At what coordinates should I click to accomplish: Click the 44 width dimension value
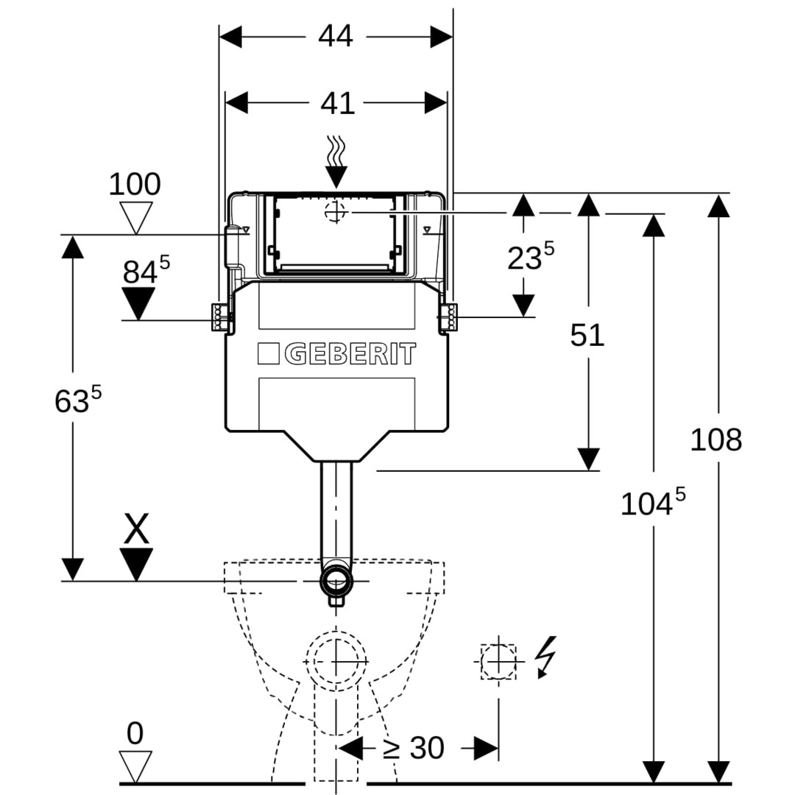[336, 35]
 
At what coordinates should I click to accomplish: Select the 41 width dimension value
[337, 103]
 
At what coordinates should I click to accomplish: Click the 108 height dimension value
[715, 439]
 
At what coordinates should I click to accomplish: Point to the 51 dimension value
[587, 335]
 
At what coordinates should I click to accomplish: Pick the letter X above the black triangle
[136, 529]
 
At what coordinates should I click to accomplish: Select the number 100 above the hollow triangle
[135, 184]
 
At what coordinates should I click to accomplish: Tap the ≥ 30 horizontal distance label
[414, 749]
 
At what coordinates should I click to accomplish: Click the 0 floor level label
[135, 733]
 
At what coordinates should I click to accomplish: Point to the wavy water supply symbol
[336, 152]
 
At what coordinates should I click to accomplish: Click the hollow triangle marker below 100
[135, 217]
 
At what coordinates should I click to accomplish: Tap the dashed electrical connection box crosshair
[498, 660]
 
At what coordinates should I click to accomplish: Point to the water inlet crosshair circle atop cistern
[336, 212]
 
